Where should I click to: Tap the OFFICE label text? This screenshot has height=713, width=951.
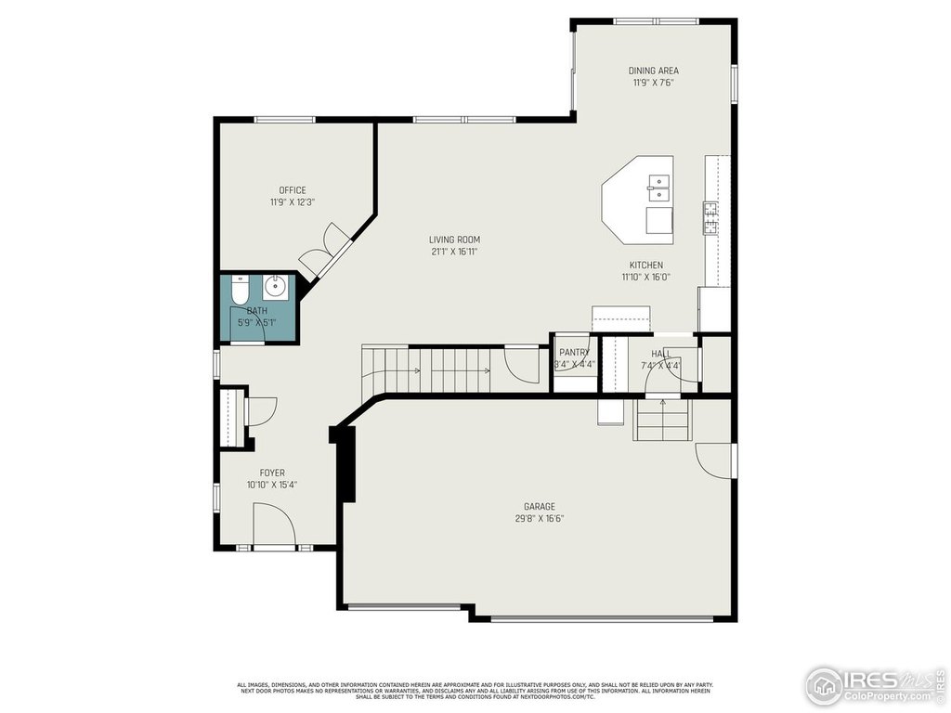coord(293,190)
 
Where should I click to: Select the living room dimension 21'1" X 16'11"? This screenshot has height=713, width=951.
coord(454,252)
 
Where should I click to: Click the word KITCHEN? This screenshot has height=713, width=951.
coord(645,265)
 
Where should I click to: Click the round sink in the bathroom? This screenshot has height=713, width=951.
coord(276,286)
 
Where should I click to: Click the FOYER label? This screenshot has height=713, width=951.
coord(272,473)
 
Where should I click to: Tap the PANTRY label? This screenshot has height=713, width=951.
coord(574,353)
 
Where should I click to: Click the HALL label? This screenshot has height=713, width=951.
coord(660,354)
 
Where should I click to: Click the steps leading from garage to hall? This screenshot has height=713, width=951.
coord(663,422)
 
